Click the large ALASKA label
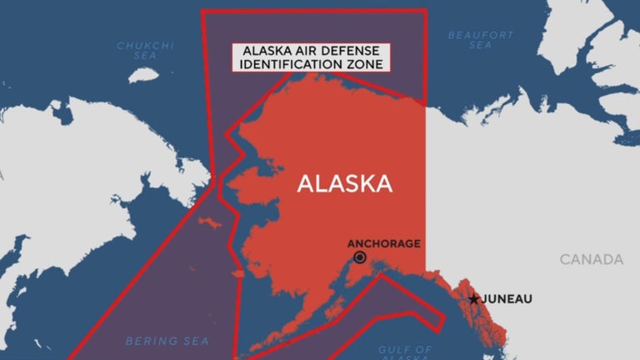click(344, 183)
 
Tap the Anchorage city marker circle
click(359, 257)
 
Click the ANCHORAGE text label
click(384, 243)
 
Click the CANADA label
click(591, 260)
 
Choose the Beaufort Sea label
click(481, 40)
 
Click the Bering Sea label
click(167, 341)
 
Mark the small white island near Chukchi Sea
click(145, 74)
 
